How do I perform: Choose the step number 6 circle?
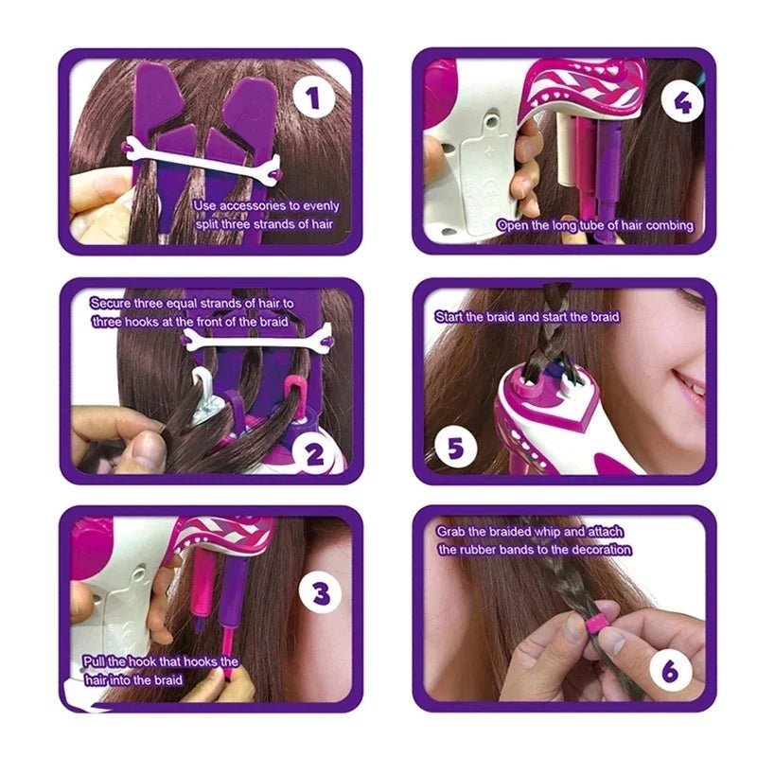(x=669, y=672)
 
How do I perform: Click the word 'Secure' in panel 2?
(x=112, y=303)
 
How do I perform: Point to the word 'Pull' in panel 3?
(x=93, y=661)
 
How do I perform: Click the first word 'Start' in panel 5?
(x=450, y=316)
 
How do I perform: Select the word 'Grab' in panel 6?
(x=451, y=532)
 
